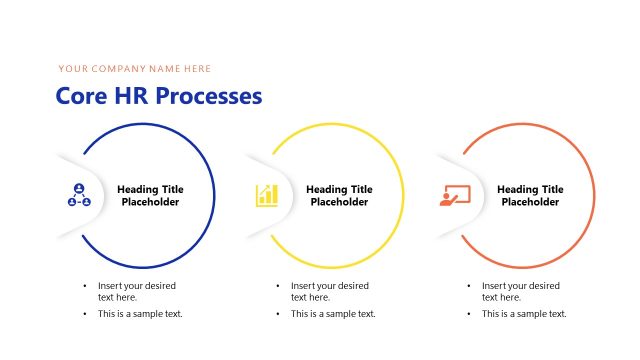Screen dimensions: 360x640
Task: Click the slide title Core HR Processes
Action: (158, 96)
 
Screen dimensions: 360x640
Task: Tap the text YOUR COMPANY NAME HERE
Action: (135, 69)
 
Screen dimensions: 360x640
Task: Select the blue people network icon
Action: (78, 195)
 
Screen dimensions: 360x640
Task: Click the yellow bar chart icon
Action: (267, 195)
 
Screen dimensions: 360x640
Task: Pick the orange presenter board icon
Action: (455, 195)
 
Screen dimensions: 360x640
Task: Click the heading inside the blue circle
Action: (150, 195)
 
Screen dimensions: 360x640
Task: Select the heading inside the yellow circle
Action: (339, 195)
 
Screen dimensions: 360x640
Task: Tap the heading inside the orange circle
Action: (530, 195)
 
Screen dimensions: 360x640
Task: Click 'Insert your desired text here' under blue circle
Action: (133, 291)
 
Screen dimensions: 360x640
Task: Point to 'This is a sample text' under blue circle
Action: (140, 314)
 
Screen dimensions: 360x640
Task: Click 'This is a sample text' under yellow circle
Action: (333, 314)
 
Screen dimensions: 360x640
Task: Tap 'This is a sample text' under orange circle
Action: (524, 314)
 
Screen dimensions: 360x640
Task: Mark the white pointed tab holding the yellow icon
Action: (266, 195)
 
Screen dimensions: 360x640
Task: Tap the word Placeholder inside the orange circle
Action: (530, 202)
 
